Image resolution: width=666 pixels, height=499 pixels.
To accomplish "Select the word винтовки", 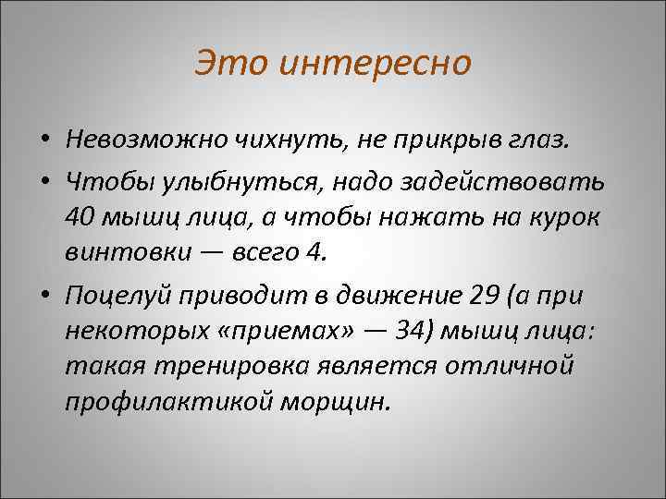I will [x=126, y=251].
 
